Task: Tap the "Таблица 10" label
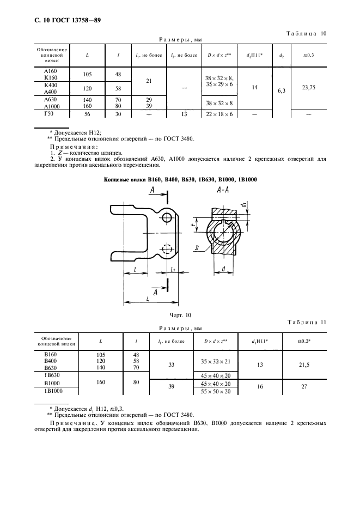click(x=306, y=34)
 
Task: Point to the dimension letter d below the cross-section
click(x=224, y=269)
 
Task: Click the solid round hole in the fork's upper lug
click(x=168, y=217)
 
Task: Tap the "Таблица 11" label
click(x=306, y=322)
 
